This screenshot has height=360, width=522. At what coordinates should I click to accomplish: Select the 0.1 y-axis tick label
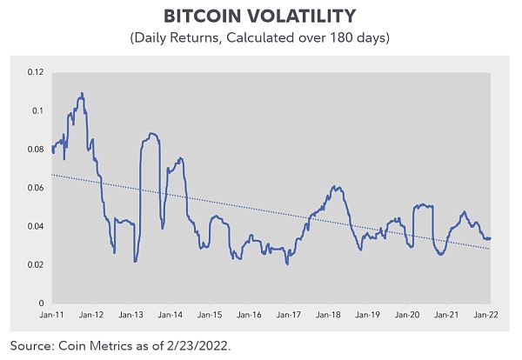[x=36, y=110]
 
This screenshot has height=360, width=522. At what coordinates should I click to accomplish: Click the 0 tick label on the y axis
[x=38, y=303]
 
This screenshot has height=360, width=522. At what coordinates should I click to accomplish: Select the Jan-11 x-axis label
[x=52, y=315]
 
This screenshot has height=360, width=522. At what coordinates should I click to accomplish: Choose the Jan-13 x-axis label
[x=132, y=315]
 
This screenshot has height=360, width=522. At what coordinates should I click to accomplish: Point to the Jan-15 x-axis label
[x=211, y=315]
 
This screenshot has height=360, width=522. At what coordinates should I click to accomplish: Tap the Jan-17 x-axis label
[x=291, y=315]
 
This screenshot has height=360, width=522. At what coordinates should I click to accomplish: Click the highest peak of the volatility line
[x=82, y=93]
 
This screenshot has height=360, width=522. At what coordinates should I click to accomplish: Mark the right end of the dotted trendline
[x=490, y=249]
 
